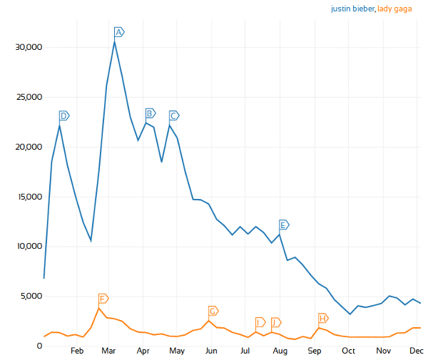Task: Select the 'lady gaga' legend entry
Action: [399, 9]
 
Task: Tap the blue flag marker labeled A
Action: [119, 32]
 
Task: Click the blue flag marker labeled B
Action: [150, 113]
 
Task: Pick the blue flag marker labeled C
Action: [173, 115]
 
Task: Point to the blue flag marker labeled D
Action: [63, 115]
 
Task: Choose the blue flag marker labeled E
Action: [283, 225]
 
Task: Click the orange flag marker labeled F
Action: [103, 298]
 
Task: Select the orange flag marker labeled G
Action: [213, 312]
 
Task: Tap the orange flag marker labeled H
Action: [322, 318]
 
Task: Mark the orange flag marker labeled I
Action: [260, 322]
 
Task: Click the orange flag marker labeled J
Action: [275, 322]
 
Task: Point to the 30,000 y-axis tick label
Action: [29, 47]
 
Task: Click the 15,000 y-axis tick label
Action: [29, 197]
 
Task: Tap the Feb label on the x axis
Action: [77, 351]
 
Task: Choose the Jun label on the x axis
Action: [211, 351]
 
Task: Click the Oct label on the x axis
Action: [348, 351]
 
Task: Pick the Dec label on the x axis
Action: [416, 351]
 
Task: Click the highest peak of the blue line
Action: [114, 41]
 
